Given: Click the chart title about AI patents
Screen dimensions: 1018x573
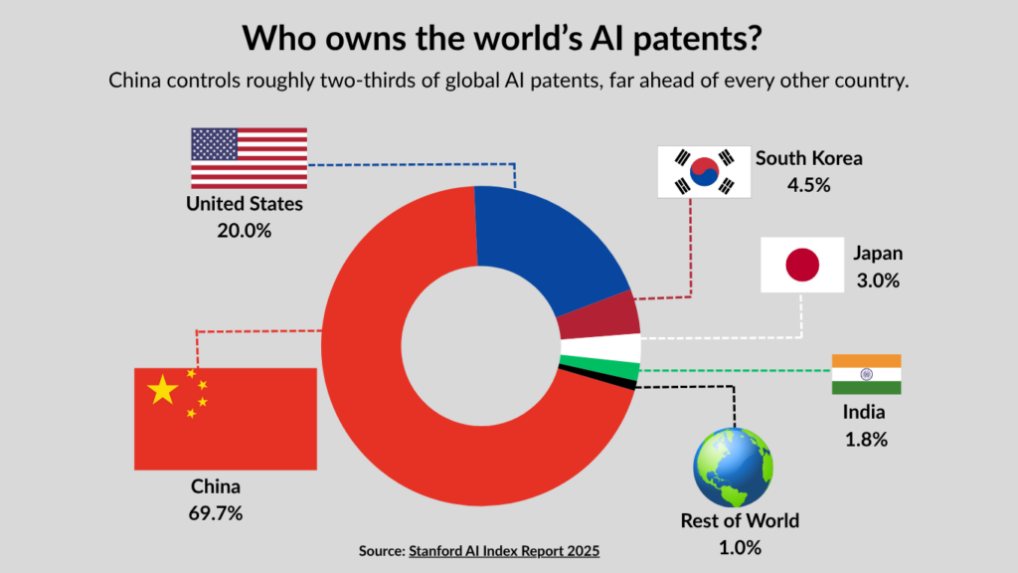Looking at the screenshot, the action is point(502,38).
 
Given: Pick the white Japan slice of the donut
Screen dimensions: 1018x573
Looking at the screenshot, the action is point(601,347).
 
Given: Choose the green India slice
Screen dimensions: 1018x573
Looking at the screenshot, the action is point(599,368).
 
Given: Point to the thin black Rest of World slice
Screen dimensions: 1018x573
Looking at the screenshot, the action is point(597,378).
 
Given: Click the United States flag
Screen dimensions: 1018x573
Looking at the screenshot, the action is point(250,158).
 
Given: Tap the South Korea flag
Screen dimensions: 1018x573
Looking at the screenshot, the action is point(704,171).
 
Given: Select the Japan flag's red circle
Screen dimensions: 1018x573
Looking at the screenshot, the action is point(802,265).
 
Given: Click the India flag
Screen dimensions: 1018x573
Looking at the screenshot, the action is point(866,374).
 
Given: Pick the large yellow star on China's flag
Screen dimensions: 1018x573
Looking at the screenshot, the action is point(162,390).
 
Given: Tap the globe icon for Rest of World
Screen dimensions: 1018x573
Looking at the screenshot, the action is point(733,468).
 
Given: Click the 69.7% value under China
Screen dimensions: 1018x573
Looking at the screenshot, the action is point(216,513).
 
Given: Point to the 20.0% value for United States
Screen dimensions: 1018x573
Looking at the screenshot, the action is point(245,231).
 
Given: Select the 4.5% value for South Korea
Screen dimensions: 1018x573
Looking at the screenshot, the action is point(809,185).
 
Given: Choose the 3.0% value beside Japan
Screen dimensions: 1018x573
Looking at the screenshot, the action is point(878,281).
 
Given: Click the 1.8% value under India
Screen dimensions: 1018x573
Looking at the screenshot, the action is point(866,440).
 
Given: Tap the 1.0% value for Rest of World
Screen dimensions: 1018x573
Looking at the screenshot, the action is point(740,548).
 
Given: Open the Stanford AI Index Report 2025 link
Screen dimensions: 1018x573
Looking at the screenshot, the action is point(504,551).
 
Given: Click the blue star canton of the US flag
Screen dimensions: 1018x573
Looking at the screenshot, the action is point(215,144).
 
